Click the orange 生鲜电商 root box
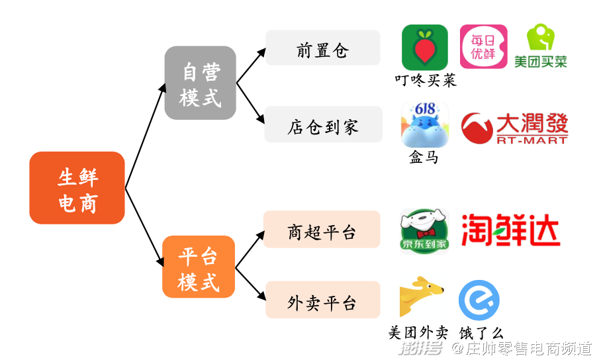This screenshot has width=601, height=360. point(77,188)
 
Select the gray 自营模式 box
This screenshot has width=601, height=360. point(200,83)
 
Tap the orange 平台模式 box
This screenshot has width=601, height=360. point(199,267)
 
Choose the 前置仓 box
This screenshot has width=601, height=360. point(323,48)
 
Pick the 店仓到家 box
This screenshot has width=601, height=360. point(324,124)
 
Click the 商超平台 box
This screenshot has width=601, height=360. point(322,229)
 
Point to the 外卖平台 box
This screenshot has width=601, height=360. point(323,300)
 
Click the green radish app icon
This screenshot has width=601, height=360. point(425,48)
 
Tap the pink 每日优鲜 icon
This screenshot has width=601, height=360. point(484,47)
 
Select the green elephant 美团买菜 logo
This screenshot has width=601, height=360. point(541,46)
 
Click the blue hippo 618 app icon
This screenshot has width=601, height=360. point(425,124)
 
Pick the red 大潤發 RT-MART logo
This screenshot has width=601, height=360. point(514,128)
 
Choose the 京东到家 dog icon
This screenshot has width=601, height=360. point(424,232)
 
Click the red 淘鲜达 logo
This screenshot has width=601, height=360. point(511,230)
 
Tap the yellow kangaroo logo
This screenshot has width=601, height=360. point(422,297)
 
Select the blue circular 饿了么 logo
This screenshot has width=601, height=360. point(479,300)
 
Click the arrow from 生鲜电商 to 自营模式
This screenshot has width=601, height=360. point(146,136)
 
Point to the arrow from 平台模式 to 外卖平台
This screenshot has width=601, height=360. point(251,284)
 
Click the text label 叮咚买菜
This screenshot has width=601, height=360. point(426,81)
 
